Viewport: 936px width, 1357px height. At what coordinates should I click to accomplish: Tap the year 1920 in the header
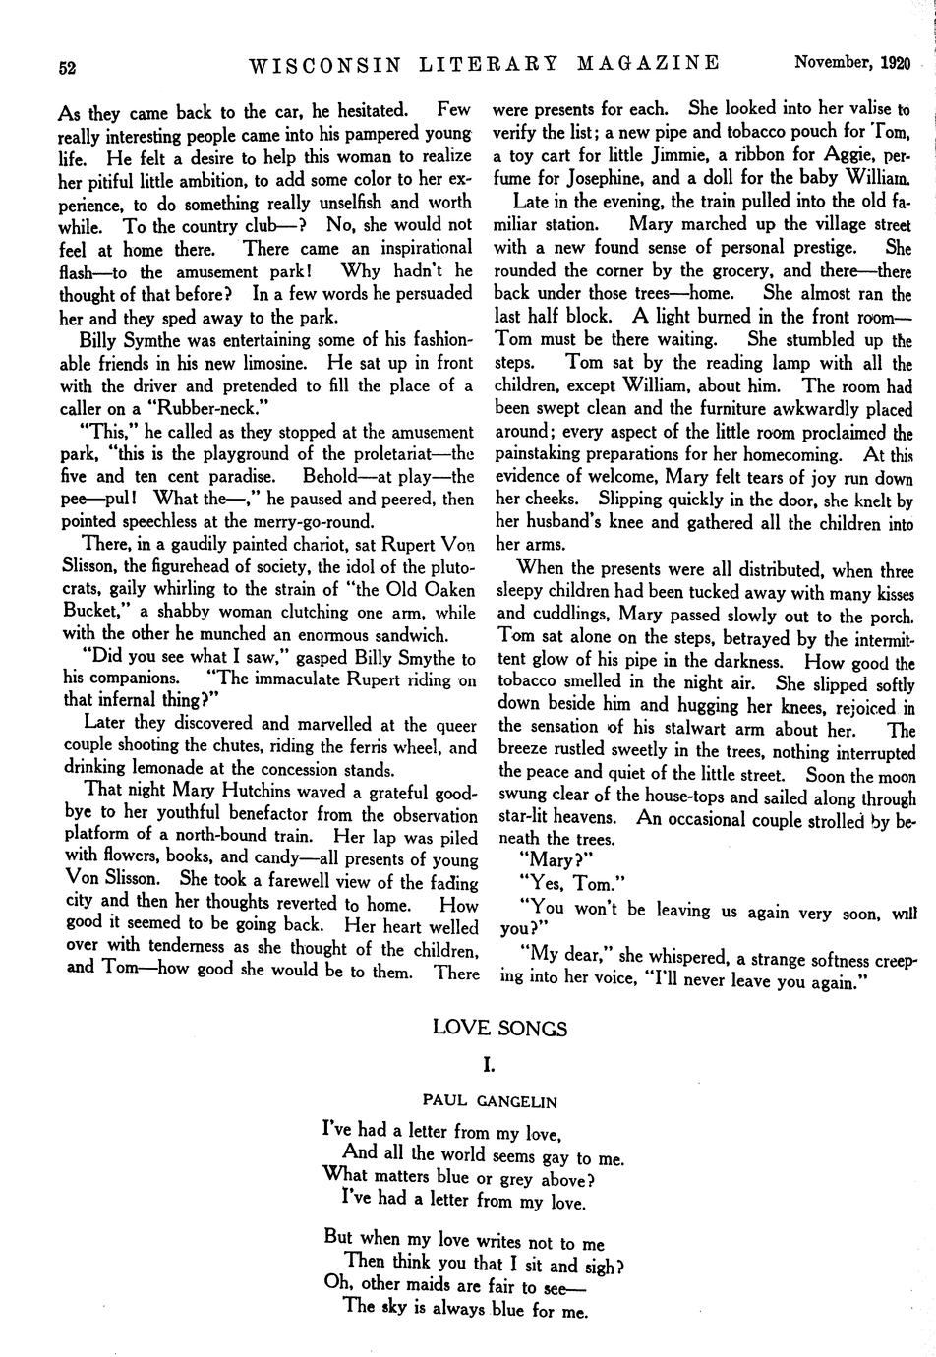pyautogui.click(x=895, y=63)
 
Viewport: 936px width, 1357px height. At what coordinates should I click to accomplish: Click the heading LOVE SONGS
pyautogui.click(x=499, y=1029)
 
